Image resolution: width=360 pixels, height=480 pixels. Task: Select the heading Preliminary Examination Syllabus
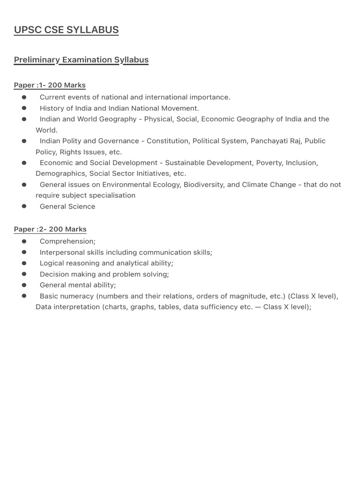click(81, 60)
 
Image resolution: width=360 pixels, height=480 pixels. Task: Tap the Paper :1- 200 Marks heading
click(50, 85)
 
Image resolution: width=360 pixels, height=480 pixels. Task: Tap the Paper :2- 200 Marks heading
click(50, 229)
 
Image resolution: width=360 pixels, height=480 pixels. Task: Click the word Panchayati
click(271, 141)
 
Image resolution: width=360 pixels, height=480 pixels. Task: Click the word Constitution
click(166, 141)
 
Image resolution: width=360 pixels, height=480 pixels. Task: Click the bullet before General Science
click(24, 206)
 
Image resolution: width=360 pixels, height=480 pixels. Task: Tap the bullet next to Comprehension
click(24, 241)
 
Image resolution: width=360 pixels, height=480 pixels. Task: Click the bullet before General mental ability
click(24, 285)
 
